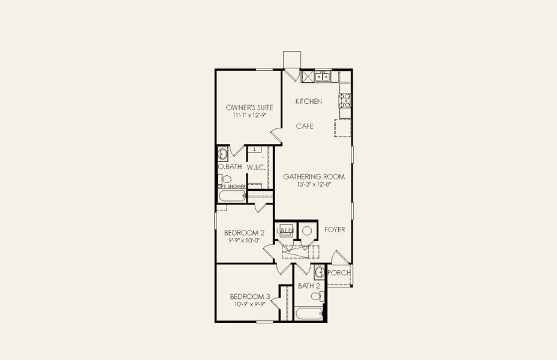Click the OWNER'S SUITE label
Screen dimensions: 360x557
point(249,107)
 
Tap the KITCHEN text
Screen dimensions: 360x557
point(308,101)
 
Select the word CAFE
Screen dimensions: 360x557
point(305,127)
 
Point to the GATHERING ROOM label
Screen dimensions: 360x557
point(314,176)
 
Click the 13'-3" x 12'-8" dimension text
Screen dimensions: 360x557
point(314,185)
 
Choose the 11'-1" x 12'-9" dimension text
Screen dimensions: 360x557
point(249,115)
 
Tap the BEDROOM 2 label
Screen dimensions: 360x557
point(244,233)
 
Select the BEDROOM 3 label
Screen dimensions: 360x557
point(250,296)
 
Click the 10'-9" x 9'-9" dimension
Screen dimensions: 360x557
point(250,304)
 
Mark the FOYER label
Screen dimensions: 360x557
point(335,230)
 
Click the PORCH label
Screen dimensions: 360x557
point(340,273)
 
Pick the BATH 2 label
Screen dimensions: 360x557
point(309,286)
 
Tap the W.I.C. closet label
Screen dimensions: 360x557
point(256,167)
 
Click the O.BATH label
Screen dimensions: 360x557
point(230,167)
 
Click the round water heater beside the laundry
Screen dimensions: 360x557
point(306,231)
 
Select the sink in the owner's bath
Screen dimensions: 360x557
point(222,153)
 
